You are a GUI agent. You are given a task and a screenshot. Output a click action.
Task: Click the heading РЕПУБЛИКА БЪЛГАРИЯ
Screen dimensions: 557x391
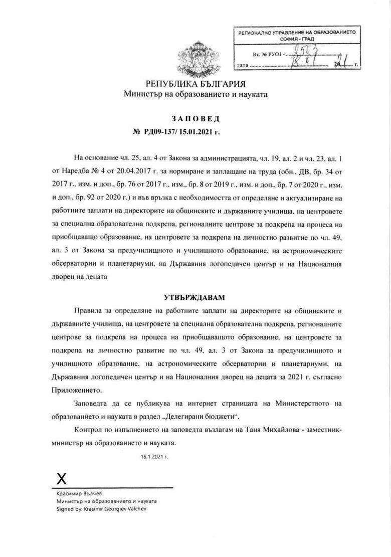(x=196, y=83)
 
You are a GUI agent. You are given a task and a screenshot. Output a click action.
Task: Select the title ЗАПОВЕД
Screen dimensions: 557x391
(x=196, y=119)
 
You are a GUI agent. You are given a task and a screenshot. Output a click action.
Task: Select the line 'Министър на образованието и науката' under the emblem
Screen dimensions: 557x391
(x=196, y=94)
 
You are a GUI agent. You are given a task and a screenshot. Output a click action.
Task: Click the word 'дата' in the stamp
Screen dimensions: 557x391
(x=242, y=65)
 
